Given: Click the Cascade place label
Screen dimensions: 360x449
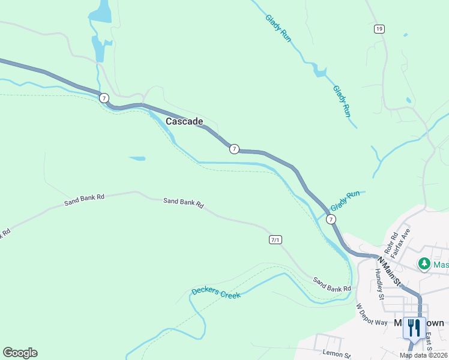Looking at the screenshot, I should (x=184, y=121).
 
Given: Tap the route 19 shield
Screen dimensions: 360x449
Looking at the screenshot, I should (x=378, y=29).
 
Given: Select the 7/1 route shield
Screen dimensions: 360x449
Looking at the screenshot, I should (x=276, y=240).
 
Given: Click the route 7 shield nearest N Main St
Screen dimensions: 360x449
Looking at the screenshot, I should (x=331, y=220).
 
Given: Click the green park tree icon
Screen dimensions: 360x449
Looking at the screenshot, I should (x=424, y=263).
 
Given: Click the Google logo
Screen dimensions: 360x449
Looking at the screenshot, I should (x=20, y=353).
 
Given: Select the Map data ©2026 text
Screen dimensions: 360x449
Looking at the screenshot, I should (x=423, y=355).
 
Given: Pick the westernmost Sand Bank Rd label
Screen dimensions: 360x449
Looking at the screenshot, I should (x=85, y=199).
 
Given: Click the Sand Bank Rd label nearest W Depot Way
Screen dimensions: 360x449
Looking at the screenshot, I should (x=331, y=285).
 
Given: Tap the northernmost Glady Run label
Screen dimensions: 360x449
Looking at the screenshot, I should (x=279, y=27).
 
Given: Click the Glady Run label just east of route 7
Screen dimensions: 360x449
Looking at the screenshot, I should (x=345, y=200).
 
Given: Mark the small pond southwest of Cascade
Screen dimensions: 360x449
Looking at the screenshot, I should (x=137, y=158).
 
